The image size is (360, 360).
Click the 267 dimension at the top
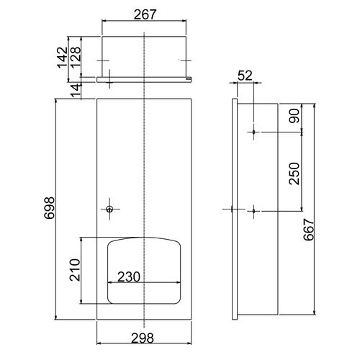(x=145, y=14)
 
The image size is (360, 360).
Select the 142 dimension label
(x=63, y=58)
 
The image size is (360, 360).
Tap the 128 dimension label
(x=76, y=57)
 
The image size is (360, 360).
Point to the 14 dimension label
(x=76, y=91)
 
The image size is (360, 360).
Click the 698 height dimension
(x=50, y=208)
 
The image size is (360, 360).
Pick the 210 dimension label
(x=75, y=270)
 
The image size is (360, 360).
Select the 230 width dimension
(x=129, y=276)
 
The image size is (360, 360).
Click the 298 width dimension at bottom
(x=143, y=338)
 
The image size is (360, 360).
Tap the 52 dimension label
(x=245, y=76)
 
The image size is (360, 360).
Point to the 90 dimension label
(x=294, y=116)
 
